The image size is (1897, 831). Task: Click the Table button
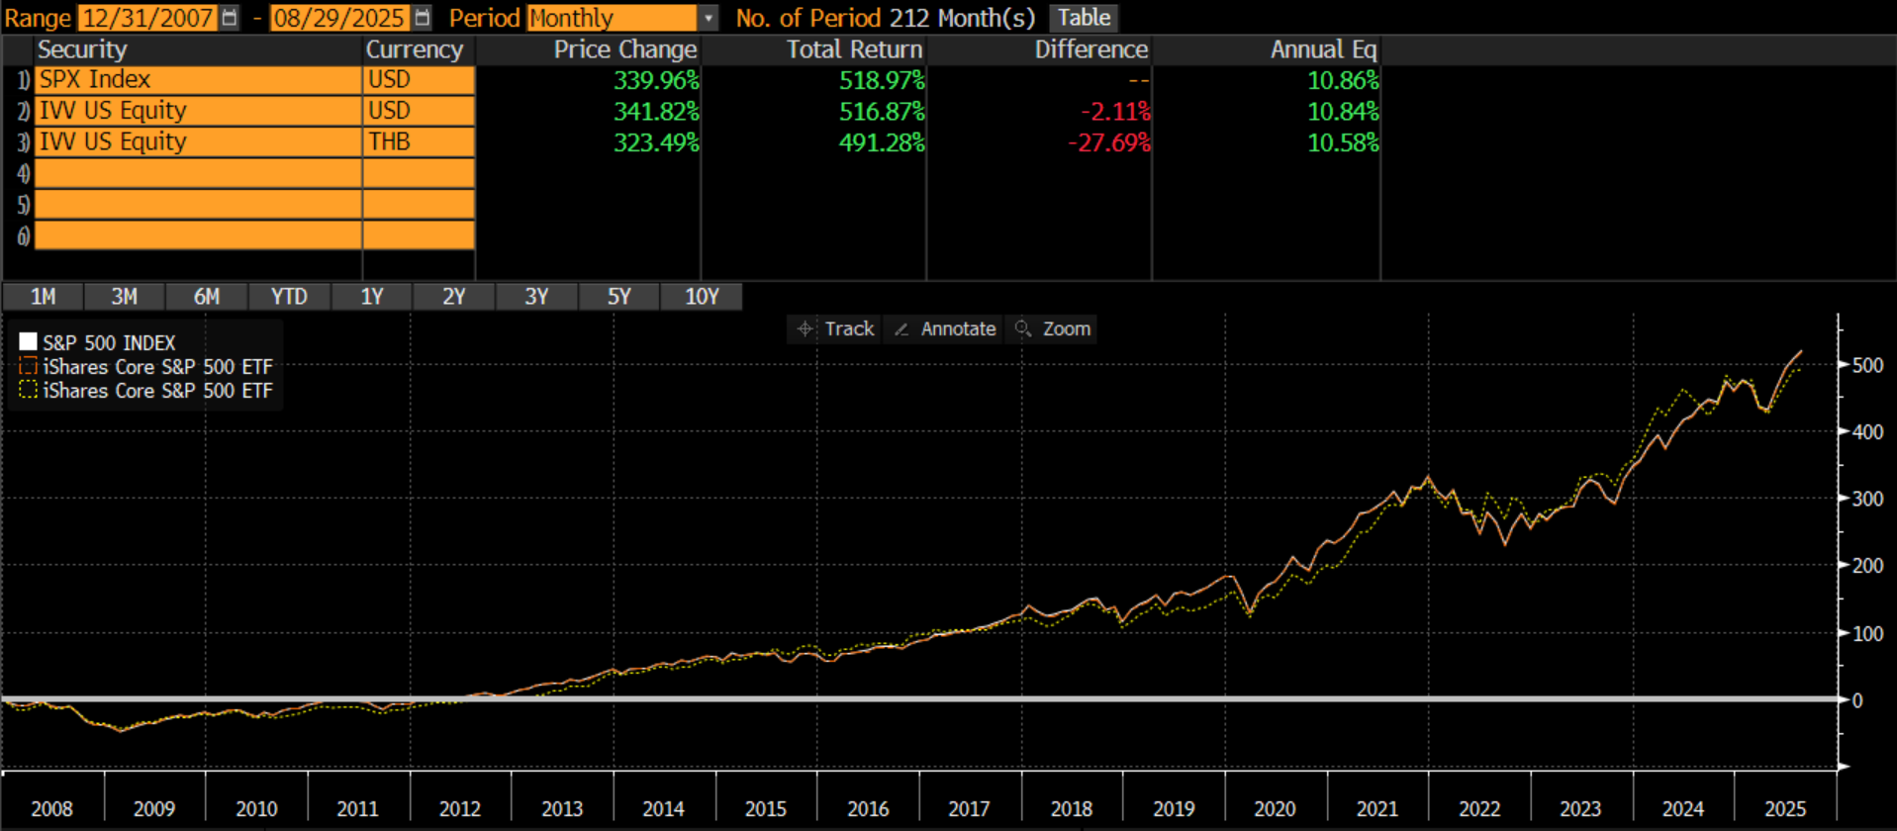click(x=1084, y=18)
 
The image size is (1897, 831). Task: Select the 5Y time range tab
click(x=618, y=297)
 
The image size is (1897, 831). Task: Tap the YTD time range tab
click(x=289, y=297)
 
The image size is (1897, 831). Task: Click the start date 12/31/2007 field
click(x=146, y=18)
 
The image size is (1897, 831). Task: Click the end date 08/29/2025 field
click(x=338, y=18)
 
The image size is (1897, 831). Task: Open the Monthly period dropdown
click(x=621, y=18)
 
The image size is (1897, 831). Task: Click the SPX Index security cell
click(x=198, y=80)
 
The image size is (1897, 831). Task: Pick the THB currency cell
click(x=418, y=142)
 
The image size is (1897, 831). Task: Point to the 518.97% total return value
click(x=881, y=80)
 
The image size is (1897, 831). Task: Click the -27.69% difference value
click(x=1108, y=142)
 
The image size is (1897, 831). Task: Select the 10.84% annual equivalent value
click(x=1342, y=112)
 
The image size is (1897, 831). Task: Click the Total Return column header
click(x=854, y=49)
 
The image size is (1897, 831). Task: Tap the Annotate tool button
click(x=946, y=328)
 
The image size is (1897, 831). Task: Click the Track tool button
click(x=837, y=328)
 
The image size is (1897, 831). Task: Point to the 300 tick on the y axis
click(x=1867, y=499)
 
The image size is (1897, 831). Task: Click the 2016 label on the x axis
click(x=868, y=809)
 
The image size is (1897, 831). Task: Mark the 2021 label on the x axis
click(x=1376, y=809)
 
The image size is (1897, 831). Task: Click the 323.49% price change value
click(x=655, y=142)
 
